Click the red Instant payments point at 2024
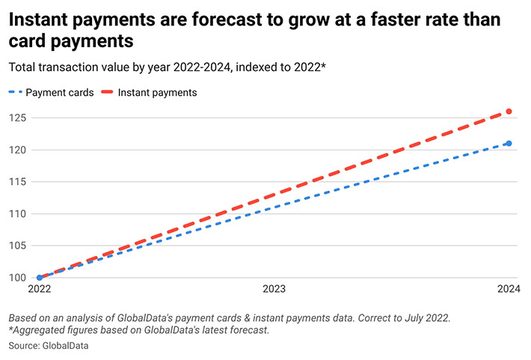point(509,112)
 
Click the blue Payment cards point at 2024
point(509,143)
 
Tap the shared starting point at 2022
point(40,277)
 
